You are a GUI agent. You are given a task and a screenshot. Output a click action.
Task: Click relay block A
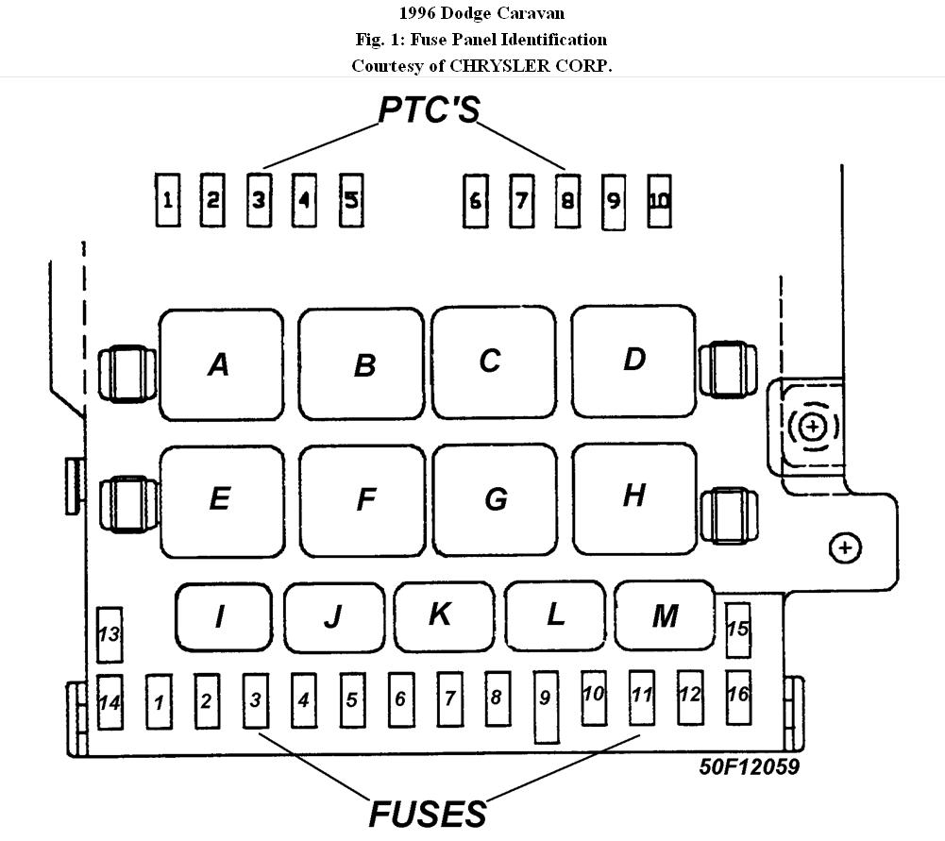pyautogui.click(x=221, y=364)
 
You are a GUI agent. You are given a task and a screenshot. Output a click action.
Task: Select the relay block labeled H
pyautogui.click(x=634, y=496)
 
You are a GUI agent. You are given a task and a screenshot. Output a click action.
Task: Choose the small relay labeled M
pyautogui.click(x=665, y=615)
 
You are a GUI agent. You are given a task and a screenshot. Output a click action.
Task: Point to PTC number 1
pyautogui.click(x=168, y=200)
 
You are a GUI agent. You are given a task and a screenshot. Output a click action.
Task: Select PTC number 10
pyautogui.click(x=660, y=200)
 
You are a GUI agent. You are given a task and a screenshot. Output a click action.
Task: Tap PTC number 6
pyautogui.click(x=475, y=200)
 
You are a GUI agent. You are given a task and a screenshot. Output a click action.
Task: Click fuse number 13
pyautogui.click(x=110, y=634)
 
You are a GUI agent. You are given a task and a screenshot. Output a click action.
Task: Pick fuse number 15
pyautogui.click(x=737, y=630)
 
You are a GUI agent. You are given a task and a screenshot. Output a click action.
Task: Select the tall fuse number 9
pyautogui.click(x=546, y=707)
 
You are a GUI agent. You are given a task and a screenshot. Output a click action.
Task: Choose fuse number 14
pyautogui.click(x=110, y=702)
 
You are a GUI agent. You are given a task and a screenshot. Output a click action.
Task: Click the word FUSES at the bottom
pyautogui.click(x=428, y=814)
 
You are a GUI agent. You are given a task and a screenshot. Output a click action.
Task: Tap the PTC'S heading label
pyautogui.click(x=429, y=109)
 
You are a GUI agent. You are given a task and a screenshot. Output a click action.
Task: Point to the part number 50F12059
pyautogui.click(x=749, y=766)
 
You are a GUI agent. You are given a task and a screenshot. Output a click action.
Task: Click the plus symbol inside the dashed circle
pyautogui.click(x=811, y=427)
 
